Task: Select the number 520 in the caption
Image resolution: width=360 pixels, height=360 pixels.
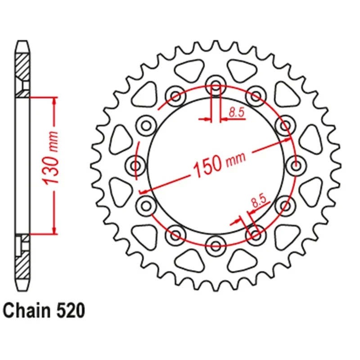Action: [x=70, y=310]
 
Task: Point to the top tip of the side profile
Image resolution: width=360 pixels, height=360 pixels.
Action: [x=22, y=42]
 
